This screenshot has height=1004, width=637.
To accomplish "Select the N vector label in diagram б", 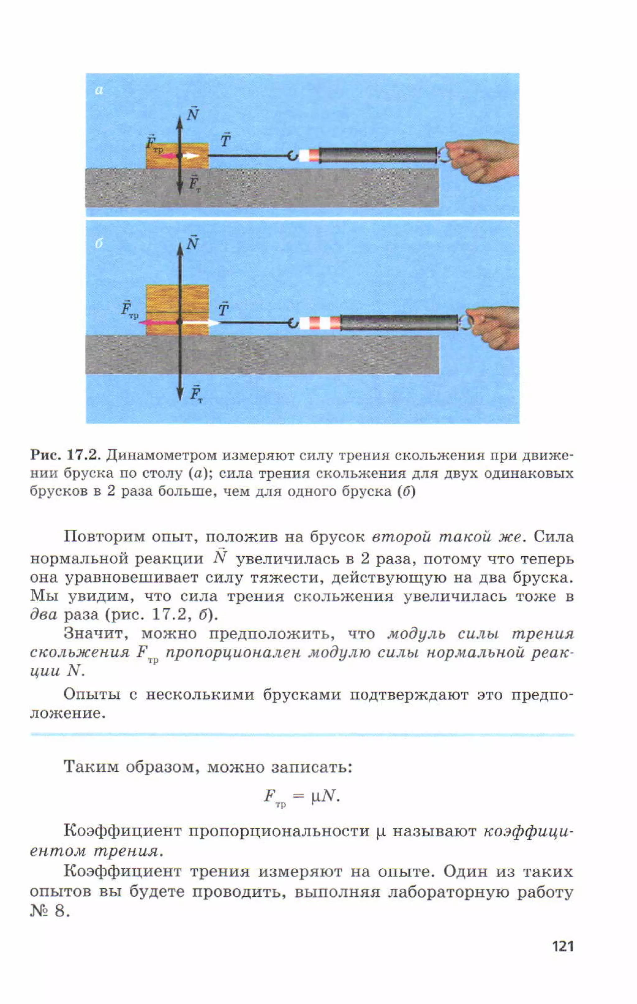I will tap(192, 243).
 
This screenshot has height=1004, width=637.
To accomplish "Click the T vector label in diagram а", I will tap(225, 140).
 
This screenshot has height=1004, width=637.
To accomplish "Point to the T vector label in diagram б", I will tap(223, 309).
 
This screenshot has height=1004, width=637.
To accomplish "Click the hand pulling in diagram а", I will tap(484, 161).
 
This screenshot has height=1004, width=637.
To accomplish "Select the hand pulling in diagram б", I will tap(494, 327).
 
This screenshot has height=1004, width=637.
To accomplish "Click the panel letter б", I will tap(99, 244).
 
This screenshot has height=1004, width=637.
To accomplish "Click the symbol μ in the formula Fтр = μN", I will tap(316, 796).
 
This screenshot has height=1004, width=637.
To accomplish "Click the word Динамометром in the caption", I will tap(161, 455).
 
